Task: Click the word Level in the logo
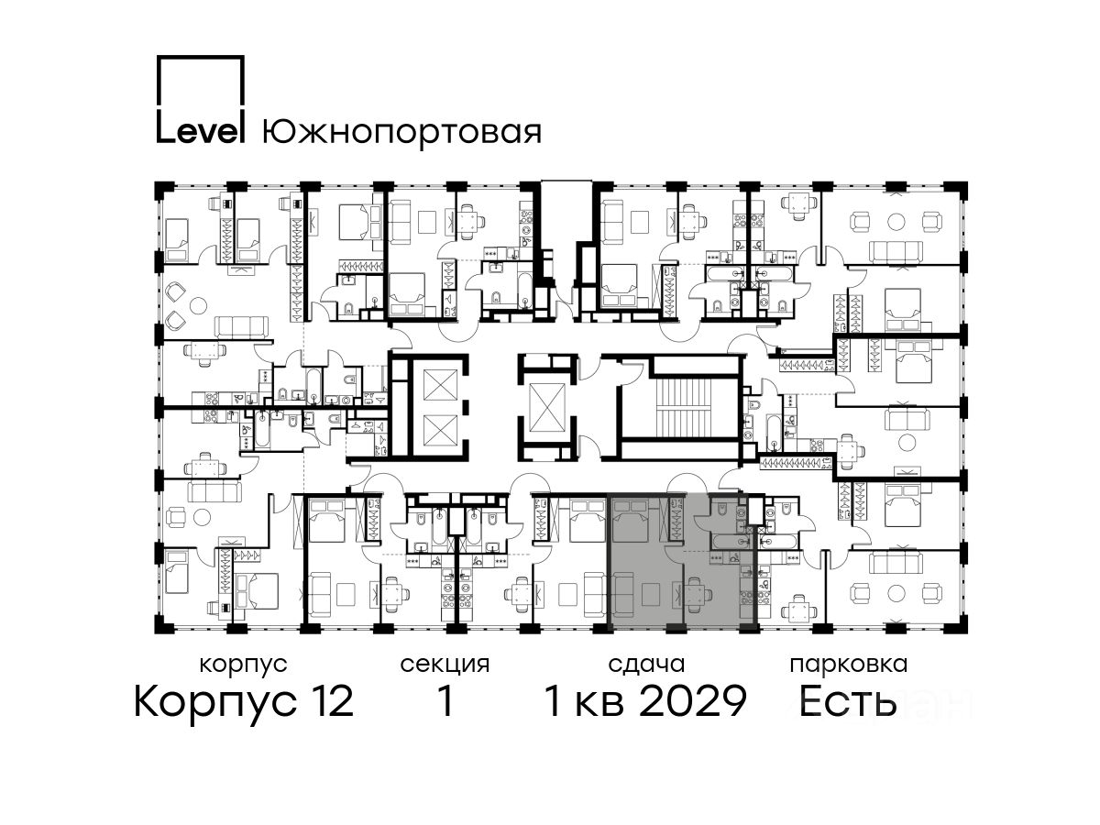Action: (x=200, y=132)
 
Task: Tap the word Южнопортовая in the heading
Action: (x=401, y=134)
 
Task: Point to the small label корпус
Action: (x=243, y=665)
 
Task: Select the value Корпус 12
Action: (x=244, y=701)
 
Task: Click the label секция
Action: (x=445, y=665)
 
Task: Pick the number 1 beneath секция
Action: (x=445, y=701)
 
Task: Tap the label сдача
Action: (x=646, y=665)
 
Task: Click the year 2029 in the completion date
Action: (x=694, y=701)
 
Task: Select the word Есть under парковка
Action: (x=847, y=701)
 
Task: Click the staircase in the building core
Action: (x=681, y=407)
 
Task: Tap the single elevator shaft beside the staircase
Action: (x=546, y=407)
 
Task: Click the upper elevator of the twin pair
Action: (x=440, y=384)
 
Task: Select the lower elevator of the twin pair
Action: (x=440, y=430)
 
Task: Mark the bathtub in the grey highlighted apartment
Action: (x=731, y=542)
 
